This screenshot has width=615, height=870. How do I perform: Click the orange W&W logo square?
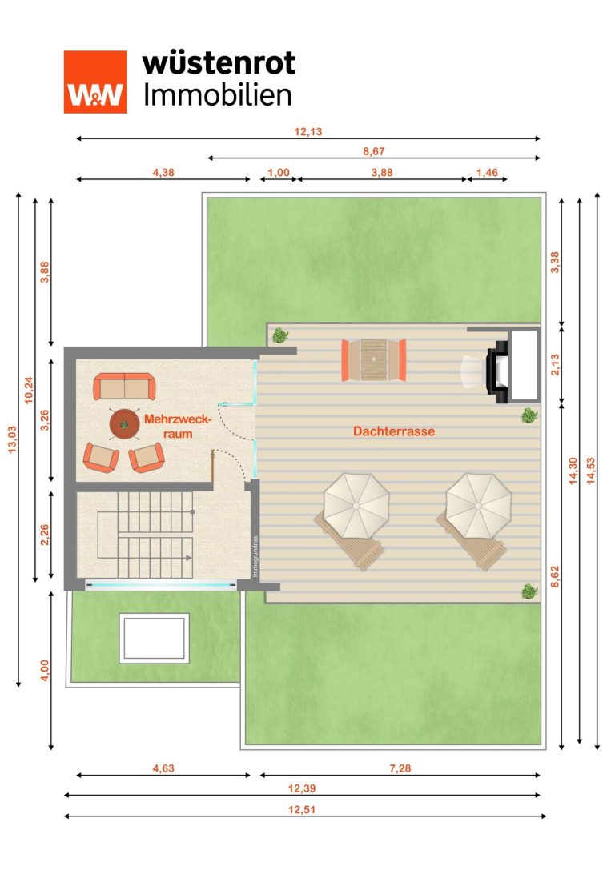(x=95, y=82)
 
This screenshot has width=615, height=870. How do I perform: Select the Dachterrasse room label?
(x=394, y=431)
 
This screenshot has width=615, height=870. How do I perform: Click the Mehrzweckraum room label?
(x=178, y=426)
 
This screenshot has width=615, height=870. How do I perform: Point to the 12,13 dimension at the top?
(x=308, y=131)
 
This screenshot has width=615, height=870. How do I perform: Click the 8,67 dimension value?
(x=373, y=151)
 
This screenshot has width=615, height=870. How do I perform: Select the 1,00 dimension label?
(x=279, y=173)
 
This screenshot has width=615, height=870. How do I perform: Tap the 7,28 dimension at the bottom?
(x=400, y=768)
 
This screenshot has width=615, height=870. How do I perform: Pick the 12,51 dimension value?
(x=301, y=809)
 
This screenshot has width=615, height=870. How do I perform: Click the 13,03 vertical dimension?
(x=12, y=439)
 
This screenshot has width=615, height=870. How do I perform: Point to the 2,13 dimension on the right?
(x=554, y=364)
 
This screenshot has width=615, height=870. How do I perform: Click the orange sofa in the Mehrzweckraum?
(x=124, y=386)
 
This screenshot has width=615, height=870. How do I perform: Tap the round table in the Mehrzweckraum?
(x=124, y=424)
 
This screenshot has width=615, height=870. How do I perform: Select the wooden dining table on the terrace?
(x=373, y=359)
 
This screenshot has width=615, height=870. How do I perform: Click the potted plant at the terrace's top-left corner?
(x=280, y=335)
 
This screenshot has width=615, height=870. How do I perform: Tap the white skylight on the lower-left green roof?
(x=155, y=638)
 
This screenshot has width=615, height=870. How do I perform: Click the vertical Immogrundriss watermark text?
(x=255, y=556)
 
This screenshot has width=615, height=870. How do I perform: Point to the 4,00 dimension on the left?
(x=45, y=670)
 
